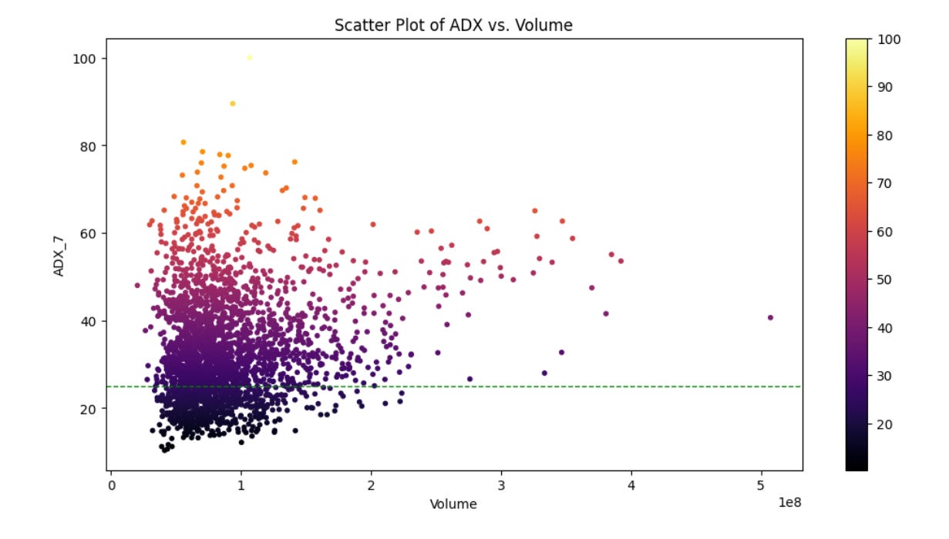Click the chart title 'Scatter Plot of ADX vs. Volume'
(x=453, y=25)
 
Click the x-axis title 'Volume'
(x=453, y=504)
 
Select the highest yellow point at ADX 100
(x=249, y=58)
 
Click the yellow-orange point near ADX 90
(x=232, y=104)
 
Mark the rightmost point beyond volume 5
(x=770, y=317)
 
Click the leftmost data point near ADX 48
(x=137, y=285)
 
